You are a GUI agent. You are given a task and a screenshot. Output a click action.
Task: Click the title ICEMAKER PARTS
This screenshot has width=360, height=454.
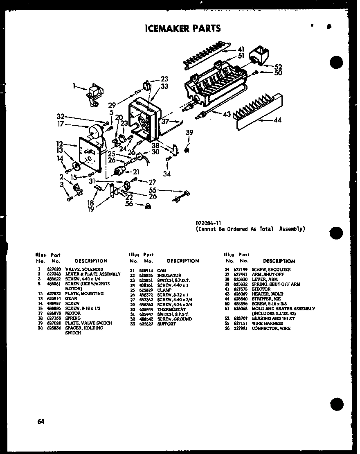[183, 28]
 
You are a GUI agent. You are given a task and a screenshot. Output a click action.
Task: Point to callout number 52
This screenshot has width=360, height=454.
[278, 67]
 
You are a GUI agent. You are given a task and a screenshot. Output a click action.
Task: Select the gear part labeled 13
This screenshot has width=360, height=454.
[76, 166]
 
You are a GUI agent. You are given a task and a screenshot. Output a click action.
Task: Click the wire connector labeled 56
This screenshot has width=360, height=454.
[148, 206]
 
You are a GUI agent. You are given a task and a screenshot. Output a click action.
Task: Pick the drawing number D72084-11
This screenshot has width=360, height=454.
[209, 223]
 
